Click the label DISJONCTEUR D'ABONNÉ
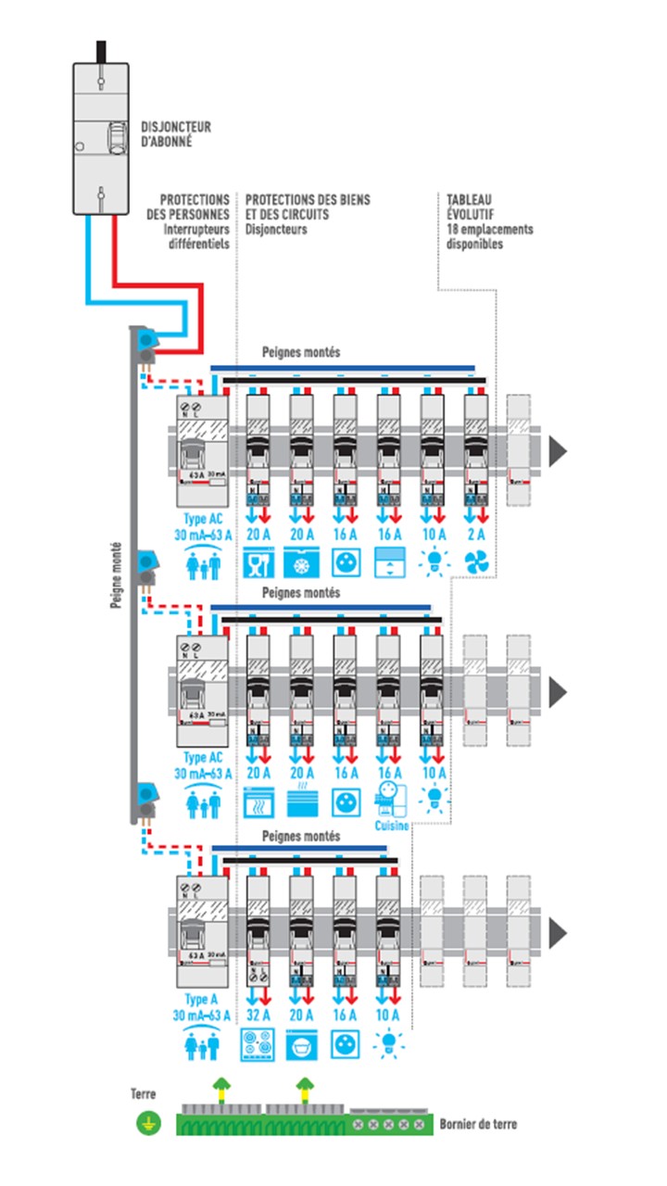(175, 133)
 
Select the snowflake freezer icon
(301, 562)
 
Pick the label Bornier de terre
(478, 1124)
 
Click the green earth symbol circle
(145, 1125)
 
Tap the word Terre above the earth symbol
(144, 1094)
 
